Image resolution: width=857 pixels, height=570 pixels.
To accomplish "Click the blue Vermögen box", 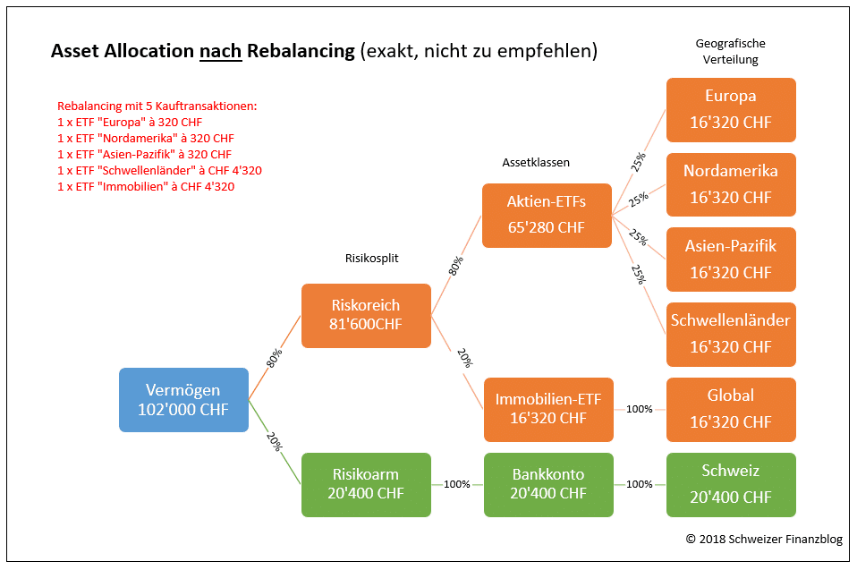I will (x=183, y=400).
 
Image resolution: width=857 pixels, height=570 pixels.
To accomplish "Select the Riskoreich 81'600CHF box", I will (x=366, y=315).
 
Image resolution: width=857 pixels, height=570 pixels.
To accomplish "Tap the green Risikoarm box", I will (x=366, y=484).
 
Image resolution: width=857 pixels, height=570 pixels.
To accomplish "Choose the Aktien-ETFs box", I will (x=547, y=216).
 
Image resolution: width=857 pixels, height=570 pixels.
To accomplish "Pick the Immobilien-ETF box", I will (x=548, y=409).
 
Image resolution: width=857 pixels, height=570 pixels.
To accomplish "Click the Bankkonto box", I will (x=548, y=484).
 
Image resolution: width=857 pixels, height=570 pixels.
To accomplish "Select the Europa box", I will (x=730, y=109).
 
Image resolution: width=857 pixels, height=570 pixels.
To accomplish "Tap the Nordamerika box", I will (x=730, y=183).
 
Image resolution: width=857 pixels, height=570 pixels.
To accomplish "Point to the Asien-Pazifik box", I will (x=730, y=259).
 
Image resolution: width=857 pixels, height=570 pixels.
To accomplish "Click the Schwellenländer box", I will (x=730, y=333).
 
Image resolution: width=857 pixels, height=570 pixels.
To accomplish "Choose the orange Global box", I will (x=730, y=409).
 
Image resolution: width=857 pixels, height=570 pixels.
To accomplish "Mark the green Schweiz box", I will (x=730, y=484).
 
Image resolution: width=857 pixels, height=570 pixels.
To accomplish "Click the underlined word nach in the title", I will (x=221, y=51).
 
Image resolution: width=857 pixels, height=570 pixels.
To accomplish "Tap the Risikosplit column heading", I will (x=371, y=258).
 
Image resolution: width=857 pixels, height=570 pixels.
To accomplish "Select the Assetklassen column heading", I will (x=536, y=163).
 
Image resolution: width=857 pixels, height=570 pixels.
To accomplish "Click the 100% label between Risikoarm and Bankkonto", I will (x=457, y=484).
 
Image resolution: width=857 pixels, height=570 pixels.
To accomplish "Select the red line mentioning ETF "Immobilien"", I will (x=147, y=187).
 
